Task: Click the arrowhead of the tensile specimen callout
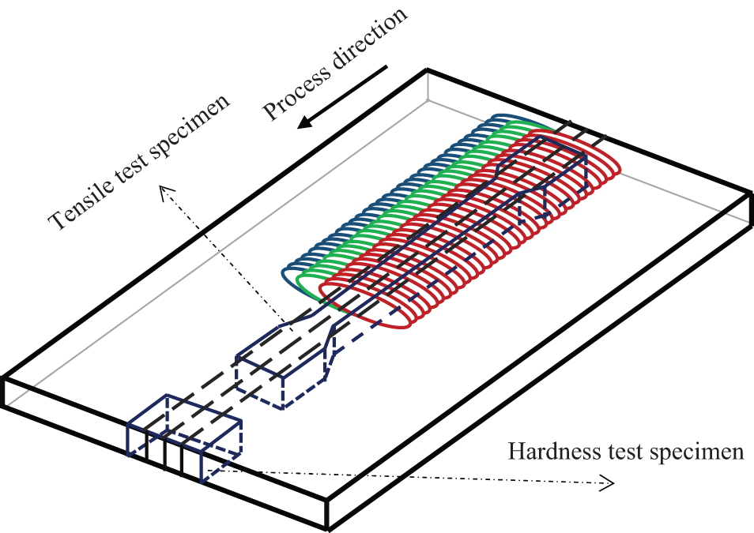point(165,192)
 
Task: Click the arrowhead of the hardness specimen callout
point(608,483)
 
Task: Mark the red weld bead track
point(470,230)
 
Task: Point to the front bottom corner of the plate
point(329,528)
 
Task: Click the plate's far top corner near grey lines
point(427,71)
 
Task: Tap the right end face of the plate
point(751,208)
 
